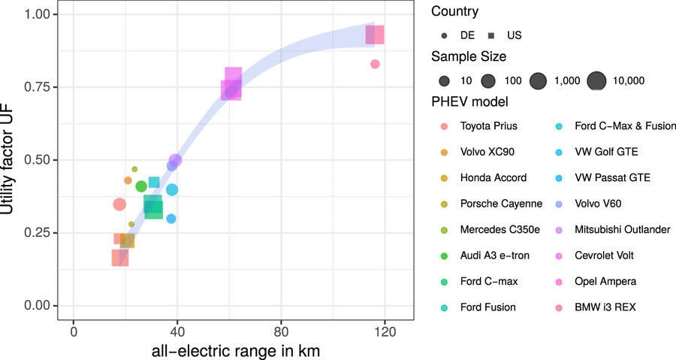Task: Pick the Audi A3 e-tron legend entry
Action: (494, 256)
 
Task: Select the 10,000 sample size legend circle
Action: (596, 80)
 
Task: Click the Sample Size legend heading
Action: (469, 56)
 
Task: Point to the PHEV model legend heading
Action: (469, 101)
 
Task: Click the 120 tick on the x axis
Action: (385, 331)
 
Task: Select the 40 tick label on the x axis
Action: (177, 331)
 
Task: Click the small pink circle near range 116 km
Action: (375, 64)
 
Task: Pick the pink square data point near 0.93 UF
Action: (374, 35)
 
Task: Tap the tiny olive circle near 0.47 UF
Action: (134, 169)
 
